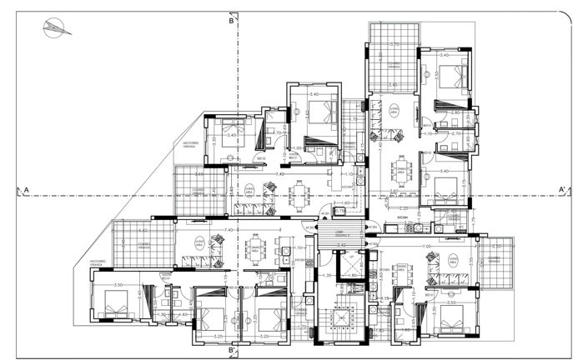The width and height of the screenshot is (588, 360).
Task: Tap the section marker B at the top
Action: click(232, 22)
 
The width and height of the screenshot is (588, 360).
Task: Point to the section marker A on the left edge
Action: click(26, 190)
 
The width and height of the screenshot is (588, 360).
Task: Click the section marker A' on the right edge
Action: click(563, 190)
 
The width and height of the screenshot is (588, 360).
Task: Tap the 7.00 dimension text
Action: click(426, 247)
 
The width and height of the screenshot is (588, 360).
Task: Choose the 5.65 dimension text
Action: click(200, 174)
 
